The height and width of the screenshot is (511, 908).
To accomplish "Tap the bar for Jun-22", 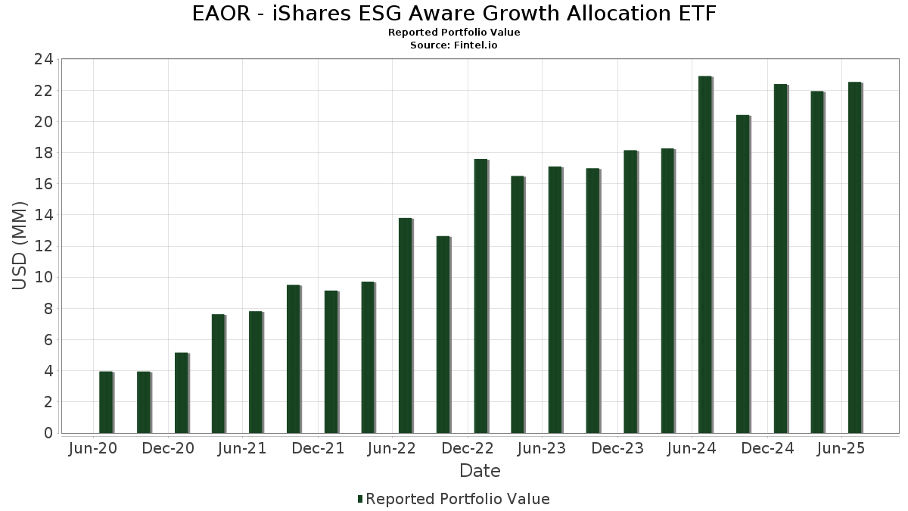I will pyautogui.click(x=406, y=326).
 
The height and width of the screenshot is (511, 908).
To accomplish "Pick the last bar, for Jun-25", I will pyautogui.click(x=854, y=257).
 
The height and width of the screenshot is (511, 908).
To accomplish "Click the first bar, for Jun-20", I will pyautogui.click(x=106, y=402).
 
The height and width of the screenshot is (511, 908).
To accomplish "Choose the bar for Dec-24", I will pyautogui.click(x=779, y=258).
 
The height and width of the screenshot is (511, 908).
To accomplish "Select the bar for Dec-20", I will pyautogui.click(x=181, y=393).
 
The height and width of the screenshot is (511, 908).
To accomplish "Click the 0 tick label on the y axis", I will pyautogui.click(x=48, y=433).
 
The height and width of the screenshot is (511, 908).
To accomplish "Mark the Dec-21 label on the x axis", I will pyautogui.click(x=319, y=449).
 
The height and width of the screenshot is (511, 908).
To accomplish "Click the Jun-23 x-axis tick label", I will pyautogui.click(x=542, y=449).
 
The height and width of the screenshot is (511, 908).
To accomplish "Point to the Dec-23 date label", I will pyautogui.click(x=618, y=449).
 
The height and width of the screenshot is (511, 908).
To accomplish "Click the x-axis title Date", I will pyautogui.click(x=480, y=472).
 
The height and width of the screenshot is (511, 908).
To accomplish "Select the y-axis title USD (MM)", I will pyautogui.click(x=20, y=246).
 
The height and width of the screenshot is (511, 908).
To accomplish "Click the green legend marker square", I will pyautogui.click(x=360, y=499).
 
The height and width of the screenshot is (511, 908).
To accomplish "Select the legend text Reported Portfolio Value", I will pyautogui.click(x=458, y=499).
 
